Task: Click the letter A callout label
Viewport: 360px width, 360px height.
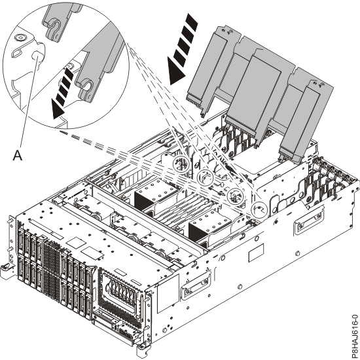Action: coord(18,155)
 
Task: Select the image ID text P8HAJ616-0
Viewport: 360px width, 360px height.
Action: coord(355,336)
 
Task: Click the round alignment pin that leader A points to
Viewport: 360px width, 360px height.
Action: coord(37,57)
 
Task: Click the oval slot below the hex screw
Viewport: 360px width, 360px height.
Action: coord(17,52)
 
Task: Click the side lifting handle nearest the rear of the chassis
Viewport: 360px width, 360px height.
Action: coord(309,220)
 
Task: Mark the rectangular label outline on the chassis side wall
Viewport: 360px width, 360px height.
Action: coord(256,253)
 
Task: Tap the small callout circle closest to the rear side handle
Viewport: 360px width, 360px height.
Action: coord(259,209)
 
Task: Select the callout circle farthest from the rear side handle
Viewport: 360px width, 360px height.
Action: coord(181,164)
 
